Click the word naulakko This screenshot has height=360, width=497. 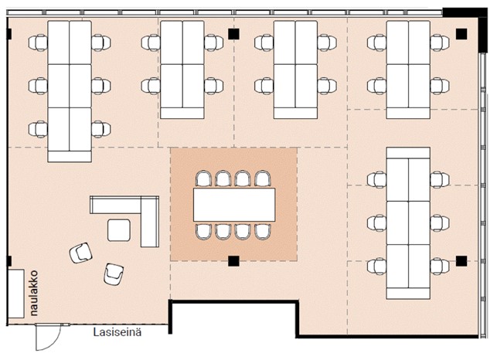[33, 293]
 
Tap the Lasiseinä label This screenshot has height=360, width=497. [117, 332]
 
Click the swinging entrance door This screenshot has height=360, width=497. [48, 337]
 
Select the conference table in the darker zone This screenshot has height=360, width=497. [234, 205]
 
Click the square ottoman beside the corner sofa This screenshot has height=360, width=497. [119, 230]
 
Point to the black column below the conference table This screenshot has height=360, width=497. [233, 261]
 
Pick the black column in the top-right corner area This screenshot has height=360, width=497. [461, 34]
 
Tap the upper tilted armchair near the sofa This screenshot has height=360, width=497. [81, 253]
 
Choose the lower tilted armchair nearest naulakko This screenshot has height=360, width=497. [114, 274]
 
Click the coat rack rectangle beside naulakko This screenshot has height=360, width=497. [16, 294]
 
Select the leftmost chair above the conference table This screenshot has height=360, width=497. [203, 179]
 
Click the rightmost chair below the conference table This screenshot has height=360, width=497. [263, 231]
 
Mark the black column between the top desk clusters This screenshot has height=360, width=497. [233, 34]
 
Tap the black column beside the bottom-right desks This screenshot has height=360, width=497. [461, 261]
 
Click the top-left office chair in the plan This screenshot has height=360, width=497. [38, 42]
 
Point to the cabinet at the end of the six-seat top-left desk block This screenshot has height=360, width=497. [70, 157]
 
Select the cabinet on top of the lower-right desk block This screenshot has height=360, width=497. [408, 153]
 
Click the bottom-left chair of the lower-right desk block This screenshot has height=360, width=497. [377, 267]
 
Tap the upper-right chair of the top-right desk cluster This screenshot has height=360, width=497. [440, 42]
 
